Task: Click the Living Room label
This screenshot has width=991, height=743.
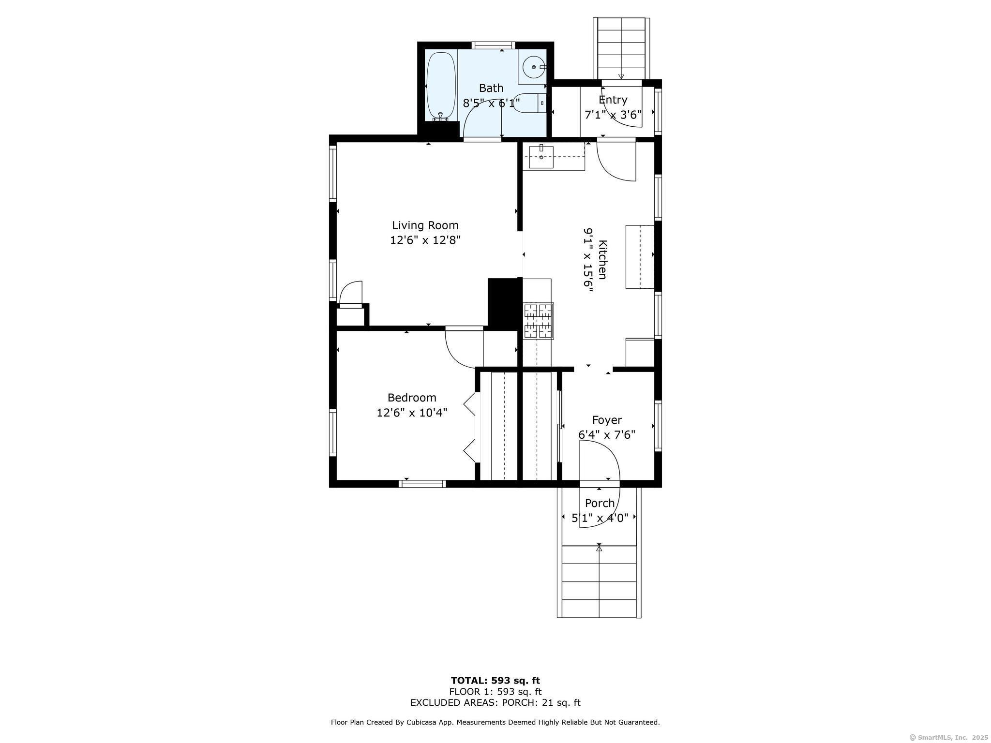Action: point(425,225)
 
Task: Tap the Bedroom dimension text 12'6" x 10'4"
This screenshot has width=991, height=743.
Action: point(412,413)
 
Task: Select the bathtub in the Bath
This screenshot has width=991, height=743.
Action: point(441,86)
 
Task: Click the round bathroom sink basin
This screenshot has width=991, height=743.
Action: point(534,67)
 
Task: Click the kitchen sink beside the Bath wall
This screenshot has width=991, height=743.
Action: point(541,156)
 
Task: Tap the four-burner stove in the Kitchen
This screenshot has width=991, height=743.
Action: point(539,321)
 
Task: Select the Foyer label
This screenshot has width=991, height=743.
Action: point(607,420)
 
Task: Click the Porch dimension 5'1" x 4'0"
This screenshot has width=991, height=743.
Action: point(600,518)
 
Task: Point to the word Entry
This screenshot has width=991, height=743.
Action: point(613,100)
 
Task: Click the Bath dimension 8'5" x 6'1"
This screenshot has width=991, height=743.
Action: point(491,103)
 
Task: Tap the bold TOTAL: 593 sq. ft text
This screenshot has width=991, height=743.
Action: point(495,681)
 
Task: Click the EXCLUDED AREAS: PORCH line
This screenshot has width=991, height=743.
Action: point(495,703)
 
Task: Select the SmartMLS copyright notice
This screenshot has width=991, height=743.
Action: point(949,737)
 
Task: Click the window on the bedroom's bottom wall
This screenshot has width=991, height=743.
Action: point(422,483)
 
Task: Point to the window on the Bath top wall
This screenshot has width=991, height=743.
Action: point(494,45)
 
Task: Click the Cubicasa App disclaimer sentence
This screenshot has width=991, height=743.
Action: point(495,722)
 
